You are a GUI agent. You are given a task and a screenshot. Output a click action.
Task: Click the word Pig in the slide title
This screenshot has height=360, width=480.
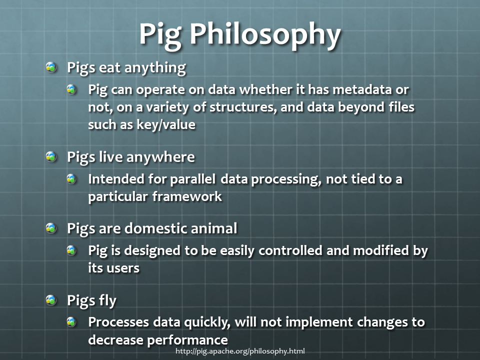pos(160,35)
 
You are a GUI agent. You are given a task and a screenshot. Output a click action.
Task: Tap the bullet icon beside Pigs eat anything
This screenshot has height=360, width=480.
pos(51,67)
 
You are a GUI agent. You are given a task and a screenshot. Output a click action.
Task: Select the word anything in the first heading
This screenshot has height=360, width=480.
pos(155,68)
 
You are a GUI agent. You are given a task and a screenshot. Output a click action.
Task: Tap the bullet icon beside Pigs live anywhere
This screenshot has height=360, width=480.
pos(51,156)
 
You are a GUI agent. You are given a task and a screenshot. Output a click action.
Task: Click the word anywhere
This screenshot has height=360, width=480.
pos(160,157)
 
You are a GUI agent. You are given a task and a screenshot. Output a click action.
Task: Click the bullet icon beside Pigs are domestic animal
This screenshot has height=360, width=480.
pos(51,228)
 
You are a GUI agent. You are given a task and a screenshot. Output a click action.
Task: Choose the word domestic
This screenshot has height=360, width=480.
pos(155,228)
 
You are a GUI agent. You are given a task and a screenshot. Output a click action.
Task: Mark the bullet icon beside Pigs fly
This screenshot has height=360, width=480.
pos(51,299)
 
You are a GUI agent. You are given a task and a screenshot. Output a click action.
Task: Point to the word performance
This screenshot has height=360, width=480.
pos(187,340)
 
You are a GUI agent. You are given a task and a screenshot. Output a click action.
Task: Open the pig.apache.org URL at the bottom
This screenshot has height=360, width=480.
pos(240,351)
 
